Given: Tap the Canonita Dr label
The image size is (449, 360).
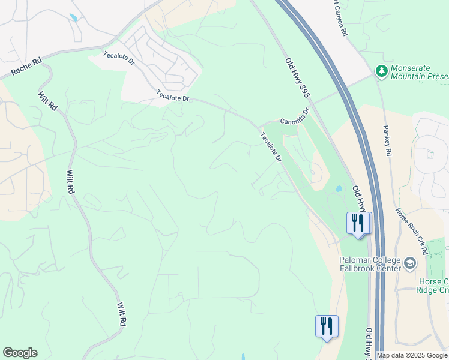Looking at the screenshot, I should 294,113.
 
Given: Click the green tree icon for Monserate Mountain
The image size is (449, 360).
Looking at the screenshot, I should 381,72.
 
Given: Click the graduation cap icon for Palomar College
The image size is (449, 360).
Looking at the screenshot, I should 410,263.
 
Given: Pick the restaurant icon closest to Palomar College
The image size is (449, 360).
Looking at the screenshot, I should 358,223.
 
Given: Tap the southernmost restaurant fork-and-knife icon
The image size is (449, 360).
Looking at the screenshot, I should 327,326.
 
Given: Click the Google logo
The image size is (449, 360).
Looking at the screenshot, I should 20,353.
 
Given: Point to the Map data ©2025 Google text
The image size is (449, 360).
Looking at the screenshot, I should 412,355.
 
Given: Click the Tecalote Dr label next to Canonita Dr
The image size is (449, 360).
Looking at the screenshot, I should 271,146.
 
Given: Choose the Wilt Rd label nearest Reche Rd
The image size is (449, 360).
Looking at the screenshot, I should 47,100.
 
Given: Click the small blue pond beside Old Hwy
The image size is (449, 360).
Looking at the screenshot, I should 339,188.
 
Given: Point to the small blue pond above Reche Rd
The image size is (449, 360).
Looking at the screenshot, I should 73,17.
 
